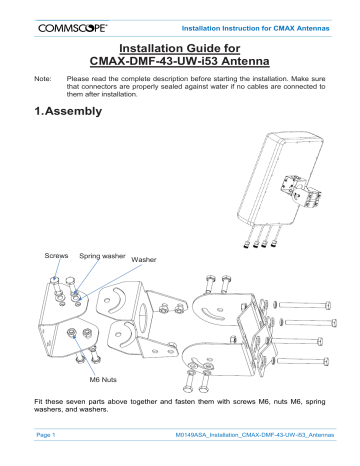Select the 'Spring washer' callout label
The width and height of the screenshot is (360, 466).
coord(101,257)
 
